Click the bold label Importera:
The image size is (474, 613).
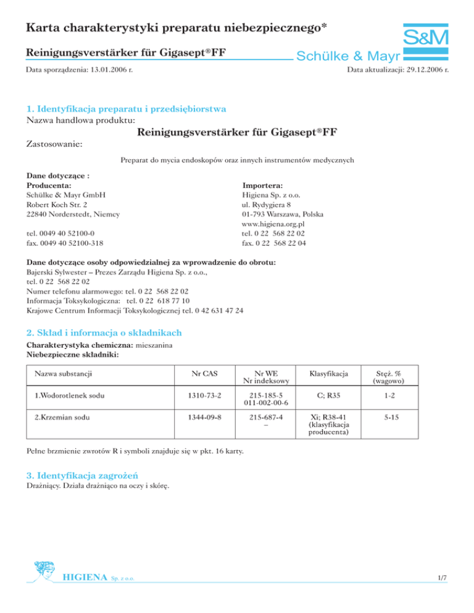264,185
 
